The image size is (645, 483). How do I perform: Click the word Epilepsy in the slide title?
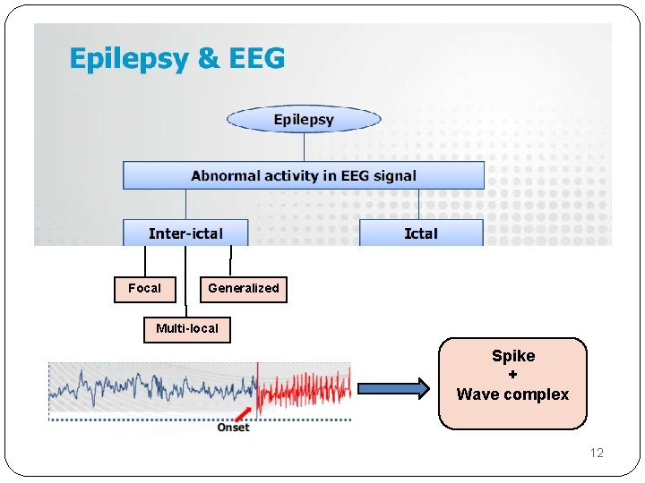click(129, 60)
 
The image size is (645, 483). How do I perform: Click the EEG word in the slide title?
click(255, 59)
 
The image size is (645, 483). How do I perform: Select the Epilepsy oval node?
click(304, 119)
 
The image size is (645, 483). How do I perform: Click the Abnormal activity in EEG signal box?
click(303, 175)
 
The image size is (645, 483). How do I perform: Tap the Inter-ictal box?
click(185, 233)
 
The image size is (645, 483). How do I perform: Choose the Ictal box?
click(421, 233)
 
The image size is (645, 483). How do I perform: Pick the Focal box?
click(144, 289)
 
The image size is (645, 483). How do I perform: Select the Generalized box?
click(243, 289)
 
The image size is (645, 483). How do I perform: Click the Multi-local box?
click(186, 329)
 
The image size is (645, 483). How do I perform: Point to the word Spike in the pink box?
click(512, 356)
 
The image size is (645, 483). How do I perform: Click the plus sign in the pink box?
click(512, 375)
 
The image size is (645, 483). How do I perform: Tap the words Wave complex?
click(512, 394)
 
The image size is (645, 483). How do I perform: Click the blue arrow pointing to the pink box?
click(393, 388)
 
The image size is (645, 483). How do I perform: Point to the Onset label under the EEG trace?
click(233, 428)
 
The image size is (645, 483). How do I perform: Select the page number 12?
click(597, 453)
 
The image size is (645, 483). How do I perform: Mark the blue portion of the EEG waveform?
click(152, 389)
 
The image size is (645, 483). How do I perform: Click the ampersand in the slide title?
click(208, 60)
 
